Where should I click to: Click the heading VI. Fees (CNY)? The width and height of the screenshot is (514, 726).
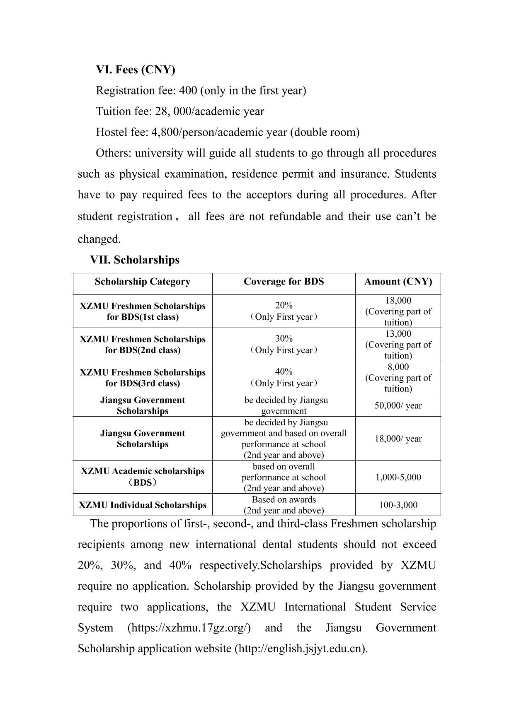pos(136,70)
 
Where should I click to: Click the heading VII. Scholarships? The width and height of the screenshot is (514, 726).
pos(135,260)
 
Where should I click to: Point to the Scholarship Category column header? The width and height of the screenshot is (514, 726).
pos(142,282)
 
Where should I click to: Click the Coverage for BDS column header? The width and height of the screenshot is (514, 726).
pos(284,282)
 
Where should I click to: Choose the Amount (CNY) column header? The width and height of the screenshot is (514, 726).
pos(398,282)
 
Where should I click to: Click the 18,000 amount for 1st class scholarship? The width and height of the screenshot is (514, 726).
pos(398,301)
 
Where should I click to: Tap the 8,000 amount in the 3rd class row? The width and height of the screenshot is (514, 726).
pos(398,367)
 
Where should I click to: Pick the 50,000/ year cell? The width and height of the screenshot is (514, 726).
pos(398,405)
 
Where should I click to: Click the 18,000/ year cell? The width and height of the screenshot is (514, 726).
pos(398,439)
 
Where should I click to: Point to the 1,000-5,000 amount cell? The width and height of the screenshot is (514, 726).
pos(398,477)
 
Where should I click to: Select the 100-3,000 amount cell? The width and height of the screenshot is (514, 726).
pos(398,505)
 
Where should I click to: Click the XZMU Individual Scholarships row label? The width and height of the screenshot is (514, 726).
pos(142,505)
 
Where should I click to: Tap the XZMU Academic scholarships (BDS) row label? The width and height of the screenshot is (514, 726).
pos(142,477)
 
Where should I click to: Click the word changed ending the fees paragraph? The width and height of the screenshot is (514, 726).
pos(99,239)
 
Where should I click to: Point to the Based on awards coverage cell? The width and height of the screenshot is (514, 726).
pos(284,500)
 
